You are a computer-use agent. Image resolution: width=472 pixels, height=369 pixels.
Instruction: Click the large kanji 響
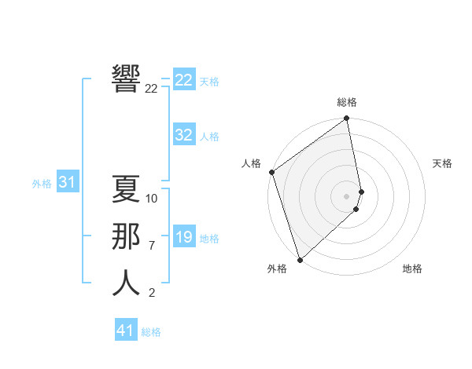126,79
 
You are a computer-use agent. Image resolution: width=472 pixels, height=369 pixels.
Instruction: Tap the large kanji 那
126,237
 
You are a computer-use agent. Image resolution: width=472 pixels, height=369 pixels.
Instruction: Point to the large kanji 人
126,283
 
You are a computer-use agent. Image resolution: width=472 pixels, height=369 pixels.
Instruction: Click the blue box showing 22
184,80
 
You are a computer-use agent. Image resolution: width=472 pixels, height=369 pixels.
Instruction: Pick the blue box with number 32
184,135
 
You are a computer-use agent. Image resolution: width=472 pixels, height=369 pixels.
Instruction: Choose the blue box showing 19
184,237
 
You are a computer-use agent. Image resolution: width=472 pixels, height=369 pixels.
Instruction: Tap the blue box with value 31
67,183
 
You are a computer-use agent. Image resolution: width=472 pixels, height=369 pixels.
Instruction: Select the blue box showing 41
126,331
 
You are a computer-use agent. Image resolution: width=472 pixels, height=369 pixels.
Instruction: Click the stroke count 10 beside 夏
152,199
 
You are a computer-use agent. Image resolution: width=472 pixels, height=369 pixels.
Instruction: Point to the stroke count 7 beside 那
152,246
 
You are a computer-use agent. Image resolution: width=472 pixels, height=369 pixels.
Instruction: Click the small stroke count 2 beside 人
152,293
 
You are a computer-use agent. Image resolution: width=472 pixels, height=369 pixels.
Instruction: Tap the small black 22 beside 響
151,89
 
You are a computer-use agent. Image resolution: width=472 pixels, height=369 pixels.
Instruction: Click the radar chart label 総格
347,102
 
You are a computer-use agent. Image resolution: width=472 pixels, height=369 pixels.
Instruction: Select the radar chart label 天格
442,163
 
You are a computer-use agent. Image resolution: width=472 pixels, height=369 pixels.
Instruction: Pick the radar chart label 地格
412,269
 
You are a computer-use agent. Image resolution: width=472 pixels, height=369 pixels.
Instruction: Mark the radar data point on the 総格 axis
347,119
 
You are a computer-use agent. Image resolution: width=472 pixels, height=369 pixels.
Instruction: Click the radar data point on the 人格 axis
271,172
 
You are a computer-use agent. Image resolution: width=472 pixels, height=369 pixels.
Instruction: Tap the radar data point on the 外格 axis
300,260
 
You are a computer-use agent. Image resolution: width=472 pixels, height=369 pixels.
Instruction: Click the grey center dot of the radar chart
347,195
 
